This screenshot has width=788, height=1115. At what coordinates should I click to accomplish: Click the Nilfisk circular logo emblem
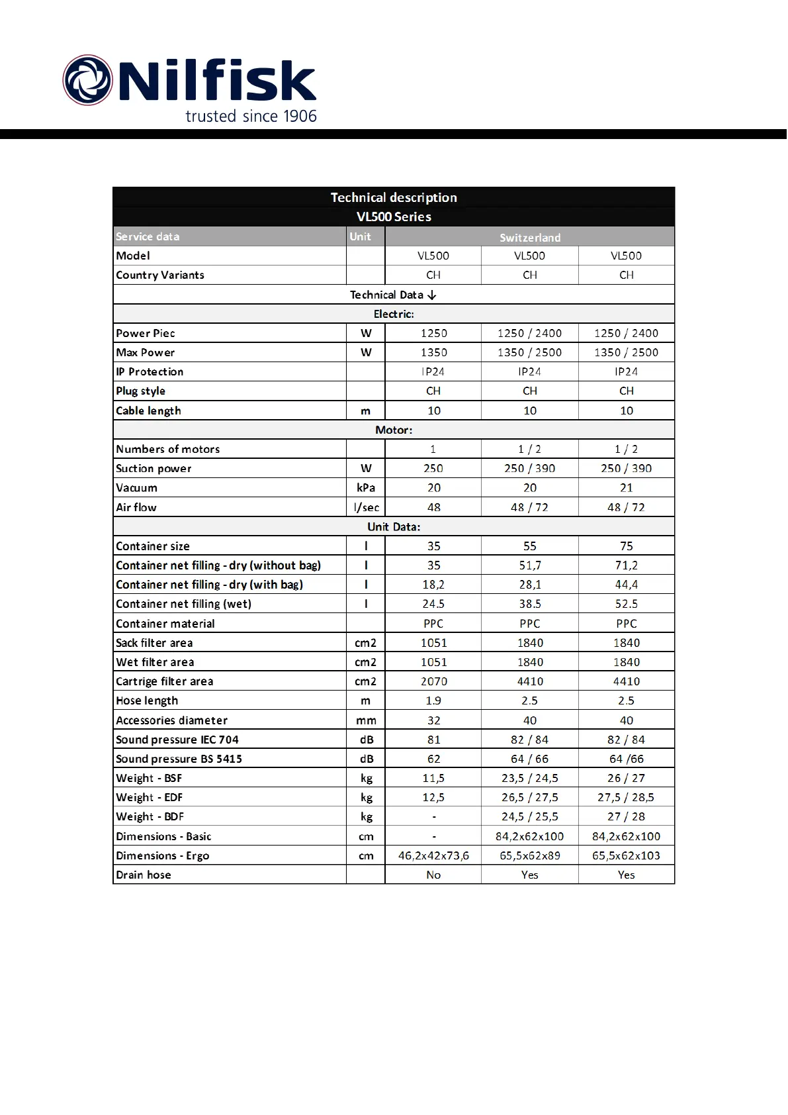(x=88, y=80)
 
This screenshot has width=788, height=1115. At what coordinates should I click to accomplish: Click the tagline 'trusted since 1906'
(x=251, y=117)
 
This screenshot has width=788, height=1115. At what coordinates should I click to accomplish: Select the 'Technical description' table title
(x=394, y=197)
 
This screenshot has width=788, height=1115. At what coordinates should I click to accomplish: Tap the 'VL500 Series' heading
(x=394, y=217)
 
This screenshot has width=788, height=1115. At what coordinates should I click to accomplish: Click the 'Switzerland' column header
(x=529, y=237)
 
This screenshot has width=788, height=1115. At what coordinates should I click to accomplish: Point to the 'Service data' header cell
(x=148, y=236)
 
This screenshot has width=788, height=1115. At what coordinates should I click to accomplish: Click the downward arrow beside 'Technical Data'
(x=432, y=295)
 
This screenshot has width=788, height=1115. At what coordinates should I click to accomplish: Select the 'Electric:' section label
(x=394, y=314)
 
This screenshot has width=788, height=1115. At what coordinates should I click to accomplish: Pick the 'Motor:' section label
(x=394, y=430)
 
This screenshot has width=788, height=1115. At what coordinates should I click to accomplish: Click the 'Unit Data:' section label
(x=394, y=526)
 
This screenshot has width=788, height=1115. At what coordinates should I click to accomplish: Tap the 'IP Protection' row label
(x=150, y=371)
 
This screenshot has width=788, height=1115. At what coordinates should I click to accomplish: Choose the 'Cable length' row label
(x=148, y=411)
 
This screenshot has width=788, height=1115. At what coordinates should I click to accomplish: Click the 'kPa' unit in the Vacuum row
(x=365, y=487)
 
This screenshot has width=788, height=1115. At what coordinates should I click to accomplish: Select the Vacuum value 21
(x=626, y=487)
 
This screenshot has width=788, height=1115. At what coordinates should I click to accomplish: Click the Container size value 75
(x=626, y=546)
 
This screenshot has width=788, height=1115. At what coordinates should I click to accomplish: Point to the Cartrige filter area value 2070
(x=433, y=681)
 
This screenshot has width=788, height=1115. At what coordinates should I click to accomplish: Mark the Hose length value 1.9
(x=433, y=701)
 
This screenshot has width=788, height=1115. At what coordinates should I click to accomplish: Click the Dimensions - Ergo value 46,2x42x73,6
(x=433, y=855)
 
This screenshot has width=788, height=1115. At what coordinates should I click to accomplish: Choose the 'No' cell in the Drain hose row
(x=433, y=875)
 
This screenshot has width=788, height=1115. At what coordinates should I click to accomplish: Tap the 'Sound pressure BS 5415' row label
(x=179, y=759)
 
